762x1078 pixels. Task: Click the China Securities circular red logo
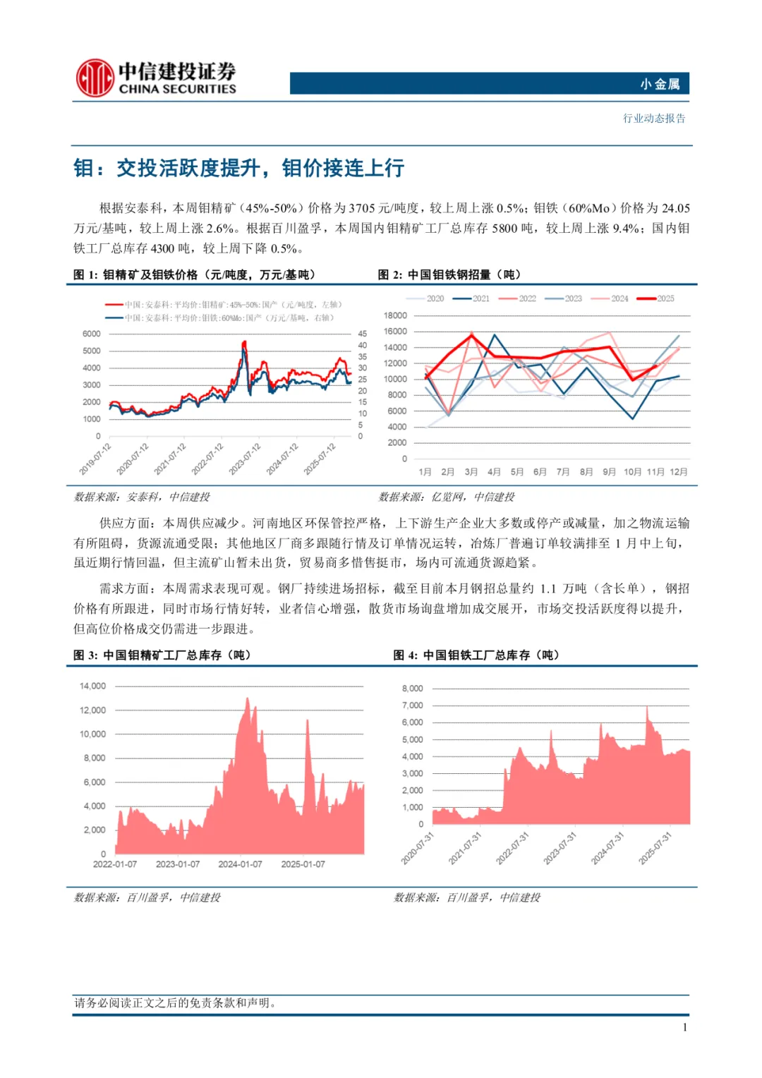(x=95, y=78)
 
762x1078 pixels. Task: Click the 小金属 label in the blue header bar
(x=660, y=84)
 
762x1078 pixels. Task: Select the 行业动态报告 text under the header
(x=654, y=119)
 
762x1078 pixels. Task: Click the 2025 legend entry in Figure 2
(x=656, y=298)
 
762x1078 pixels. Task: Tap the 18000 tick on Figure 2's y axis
(x=395, y=315)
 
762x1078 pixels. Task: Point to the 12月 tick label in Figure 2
(x=679, y=471)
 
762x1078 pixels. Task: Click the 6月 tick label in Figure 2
(x=540, y=471)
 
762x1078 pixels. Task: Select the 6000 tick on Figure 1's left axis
(x=92, y=334)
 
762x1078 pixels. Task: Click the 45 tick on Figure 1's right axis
(x=362, y=334)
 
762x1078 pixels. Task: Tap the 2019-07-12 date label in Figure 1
(x=95, y=459)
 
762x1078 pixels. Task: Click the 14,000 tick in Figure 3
(x=92, y=686)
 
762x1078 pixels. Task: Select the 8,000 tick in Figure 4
(x=413, y=689)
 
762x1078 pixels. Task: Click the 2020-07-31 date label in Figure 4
(x=418, y=848)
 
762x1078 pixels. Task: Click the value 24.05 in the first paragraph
(x=675, y=208)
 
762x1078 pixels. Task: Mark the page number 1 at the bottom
(x=684, y=1027)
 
